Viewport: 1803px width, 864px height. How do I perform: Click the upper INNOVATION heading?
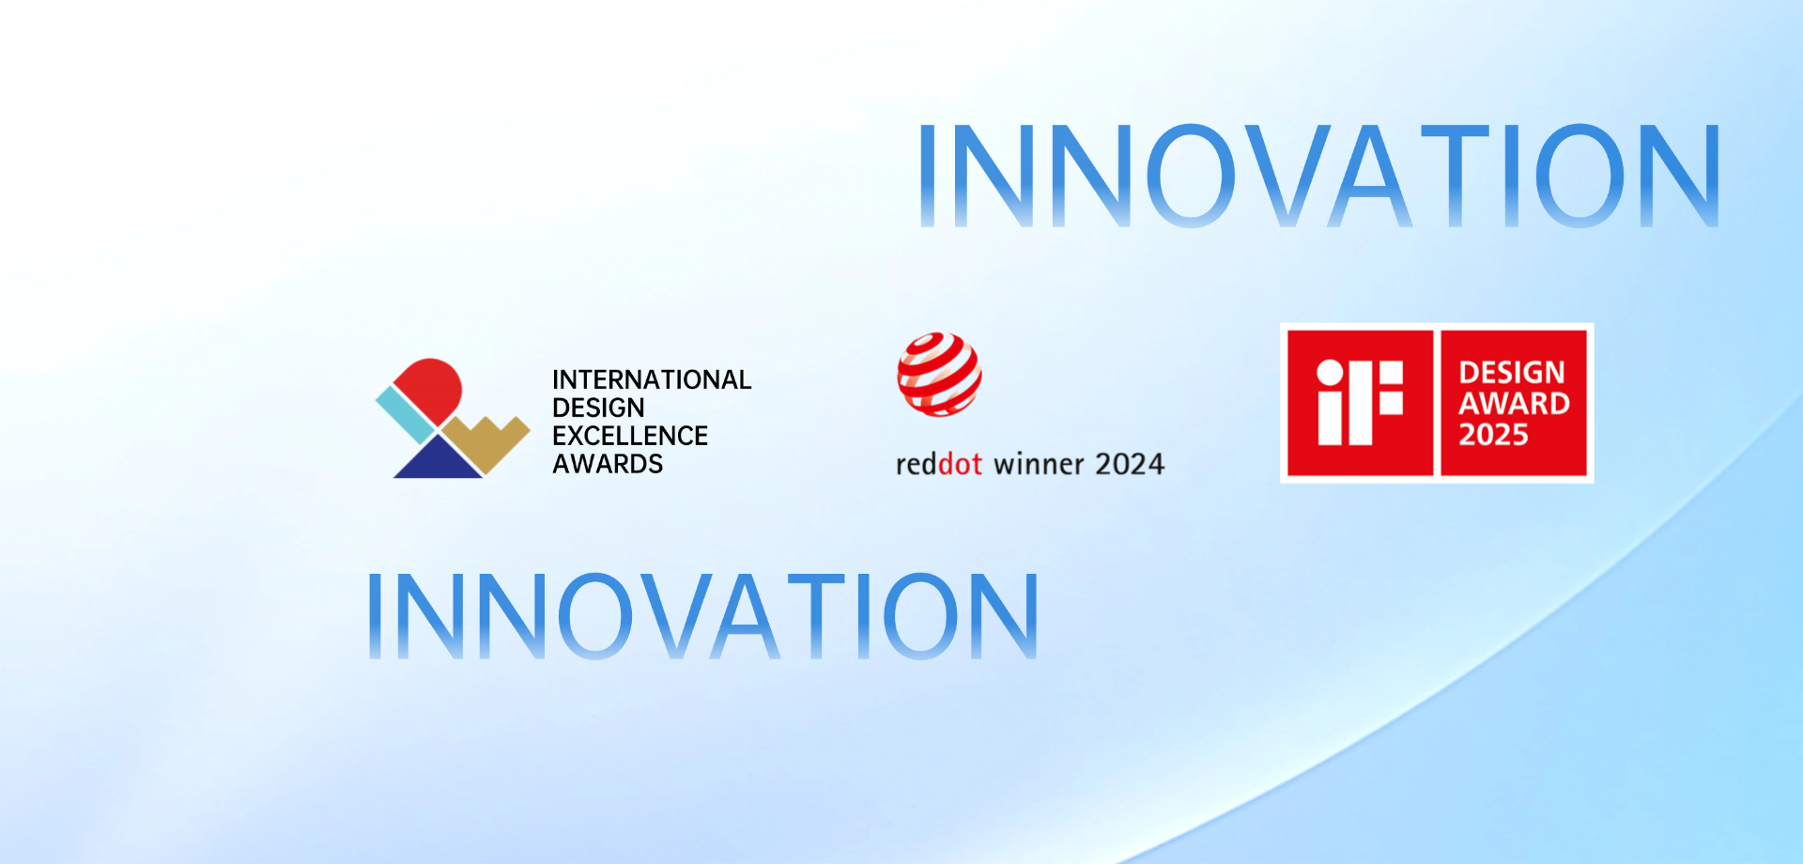coord(1319,176)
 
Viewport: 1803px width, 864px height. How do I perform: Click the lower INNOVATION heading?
coord(702,615)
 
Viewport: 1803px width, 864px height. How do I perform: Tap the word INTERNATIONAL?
coord(652,379)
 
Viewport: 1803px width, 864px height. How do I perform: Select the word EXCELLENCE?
coord(630,436)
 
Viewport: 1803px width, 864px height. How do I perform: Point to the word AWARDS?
coord(608,464)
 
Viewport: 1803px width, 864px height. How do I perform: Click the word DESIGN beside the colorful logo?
coord(598,408)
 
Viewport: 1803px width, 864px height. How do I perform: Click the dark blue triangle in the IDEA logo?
coord(438,459)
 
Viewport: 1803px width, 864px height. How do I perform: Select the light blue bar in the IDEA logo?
coord(406,414)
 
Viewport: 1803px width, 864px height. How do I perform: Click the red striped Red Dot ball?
coord(939,374)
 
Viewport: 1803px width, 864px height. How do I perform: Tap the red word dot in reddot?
coord(961,464)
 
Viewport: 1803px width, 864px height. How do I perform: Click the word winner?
coord(1040,464)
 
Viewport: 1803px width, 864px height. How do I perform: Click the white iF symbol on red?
coord(1360,403)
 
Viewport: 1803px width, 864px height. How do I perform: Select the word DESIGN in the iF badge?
coord(1512,373)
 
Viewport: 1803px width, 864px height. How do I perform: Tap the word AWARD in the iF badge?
coord(1514,404)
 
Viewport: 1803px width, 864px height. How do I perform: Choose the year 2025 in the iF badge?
coord(1493,435)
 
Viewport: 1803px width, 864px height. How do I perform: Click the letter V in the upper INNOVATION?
coord(1283,176)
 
